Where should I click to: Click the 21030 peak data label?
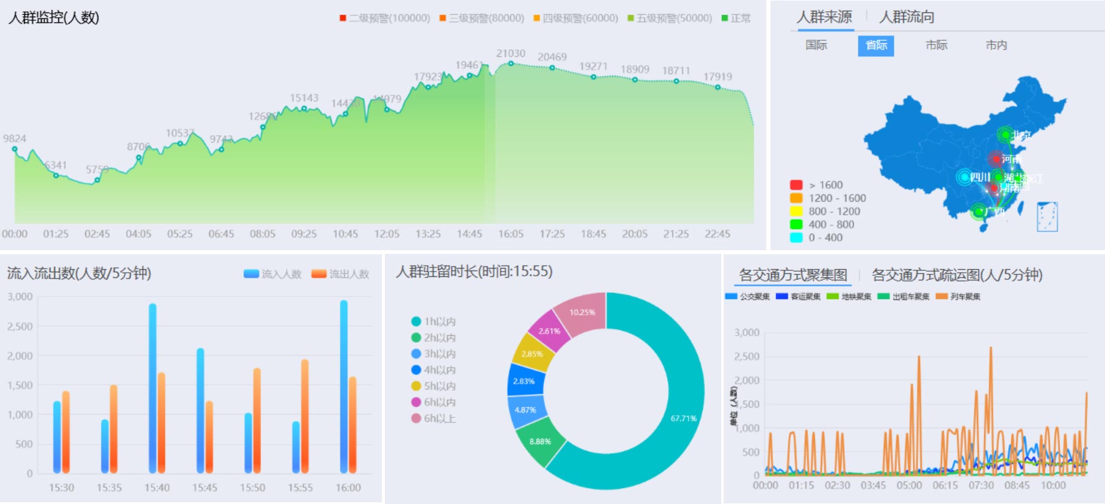coord(511,53)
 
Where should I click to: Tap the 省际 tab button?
coord(875,46)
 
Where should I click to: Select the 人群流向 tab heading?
coord(906,17)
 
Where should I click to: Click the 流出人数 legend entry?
coord(340,274)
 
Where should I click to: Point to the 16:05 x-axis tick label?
coord(511,234)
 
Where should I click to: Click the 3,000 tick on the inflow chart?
coord(20,296)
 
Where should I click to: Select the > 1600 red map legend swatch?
coord(796,185)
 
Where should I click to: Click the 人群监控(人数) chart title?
coord(54,18)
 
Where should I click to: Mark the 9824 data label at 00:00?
coord(15,139)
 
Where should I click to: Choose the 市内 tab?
coord(996,46)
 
